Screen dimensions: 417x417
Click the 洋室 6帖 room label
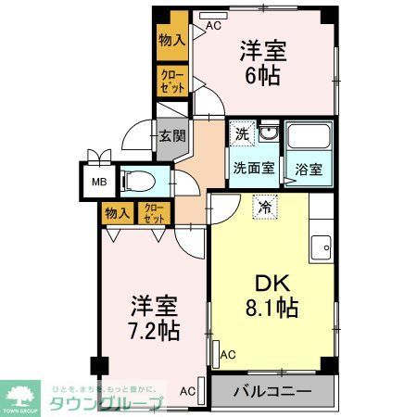coord(264,63)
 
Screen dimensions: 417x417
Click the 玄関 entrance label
coord(171,135)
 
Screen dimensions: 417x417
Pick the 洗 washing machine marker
coord(242,134)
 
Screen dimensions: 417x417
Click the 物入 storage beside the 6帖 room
coord(171,40)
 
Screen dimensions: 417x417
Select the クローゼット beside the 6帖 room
coord(171,80)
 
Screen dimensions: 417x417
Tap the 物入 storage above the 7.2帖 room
coord(117,212)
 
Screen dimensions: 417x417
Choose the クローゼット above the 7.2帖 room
coord(153,212)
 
